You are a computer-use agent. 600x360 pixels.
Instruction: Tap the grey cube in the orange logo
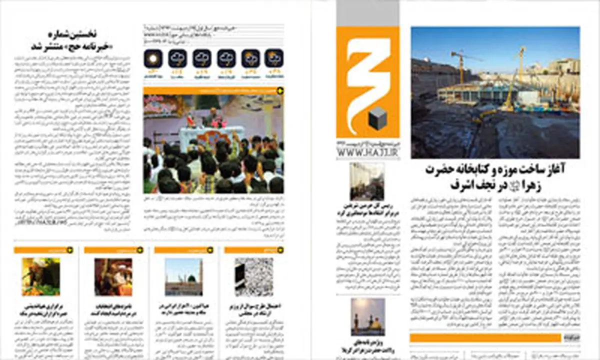375,118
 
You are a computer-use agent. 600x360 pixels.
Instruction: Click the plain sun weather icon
153,58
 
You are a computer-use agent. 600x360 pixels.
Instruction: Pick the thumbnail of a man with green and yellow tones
41,276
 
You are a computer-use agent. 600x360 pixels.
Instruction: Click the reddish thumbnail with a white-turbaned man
113,276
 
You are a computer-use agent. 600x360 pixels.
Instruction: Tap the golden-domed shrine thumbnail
367,316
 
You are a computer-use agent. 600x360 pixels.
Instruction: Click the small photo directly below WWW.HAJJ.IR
367,180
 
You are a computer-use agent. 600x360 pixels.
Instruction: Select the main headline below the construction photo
495,176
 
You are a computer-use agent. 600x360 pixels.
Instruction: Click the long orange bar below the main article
492,338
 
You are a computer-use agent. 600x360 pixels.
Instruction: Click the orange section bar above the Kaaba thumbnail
254,249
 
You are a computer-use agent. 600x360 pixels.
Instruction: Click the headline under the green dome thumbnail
183,308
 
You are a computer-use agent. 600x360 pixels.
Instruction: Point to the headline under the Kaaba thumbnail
254,308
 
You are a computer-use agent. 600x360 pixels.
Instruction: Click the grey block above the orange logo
367,13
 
